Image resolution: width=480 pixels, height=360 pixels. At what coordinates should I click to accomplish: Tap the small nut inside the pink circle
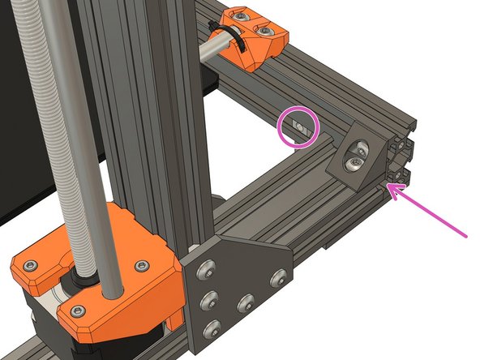pos(300,126)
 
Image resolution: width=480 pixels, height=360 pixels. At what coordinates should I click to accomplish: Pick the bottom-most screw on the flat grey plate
pos(213,328)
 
